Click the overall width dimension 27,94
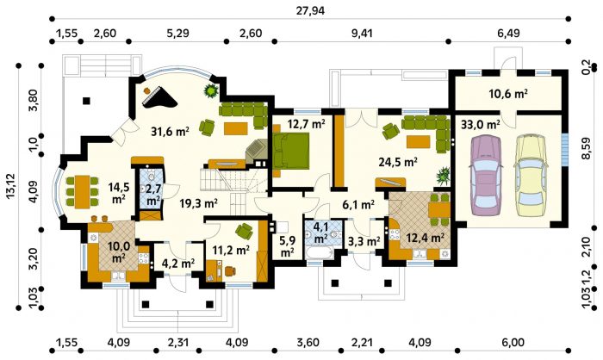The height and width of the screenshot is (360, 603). coord(310,10)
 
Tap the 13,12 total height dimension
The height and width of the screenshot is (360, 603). coord(10,186)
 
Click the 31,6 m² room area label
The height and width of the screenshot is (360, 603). coord(170,133)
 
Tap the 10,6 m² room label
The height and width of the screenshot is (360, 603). coord(507,94)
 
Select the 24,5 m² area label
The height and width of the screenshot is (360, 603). coord(398,162)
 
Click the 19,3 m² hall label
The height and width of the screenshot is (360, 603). coord(199,202)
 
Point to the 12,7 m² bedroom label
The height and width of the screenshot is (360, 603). coord(306,124)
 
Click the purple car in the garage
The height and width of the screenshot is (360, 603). coord(486,173)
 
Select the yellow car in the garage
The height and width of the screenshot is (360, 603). coord(532,171)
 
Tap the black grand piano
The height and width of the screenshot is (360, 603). coord(159,98)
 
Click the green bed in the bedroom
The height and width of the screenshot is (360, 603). coord(291,150)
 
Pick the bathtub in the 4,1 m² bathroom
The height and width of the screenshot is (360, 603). coord(319,252)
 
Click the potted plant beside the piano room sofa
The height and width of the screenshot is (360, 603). coord(211,91)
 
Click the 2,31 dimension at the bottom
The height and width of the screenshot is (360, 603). coord(177,342)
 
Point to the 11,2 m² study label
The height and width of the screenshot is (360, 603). coord(232,251)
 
